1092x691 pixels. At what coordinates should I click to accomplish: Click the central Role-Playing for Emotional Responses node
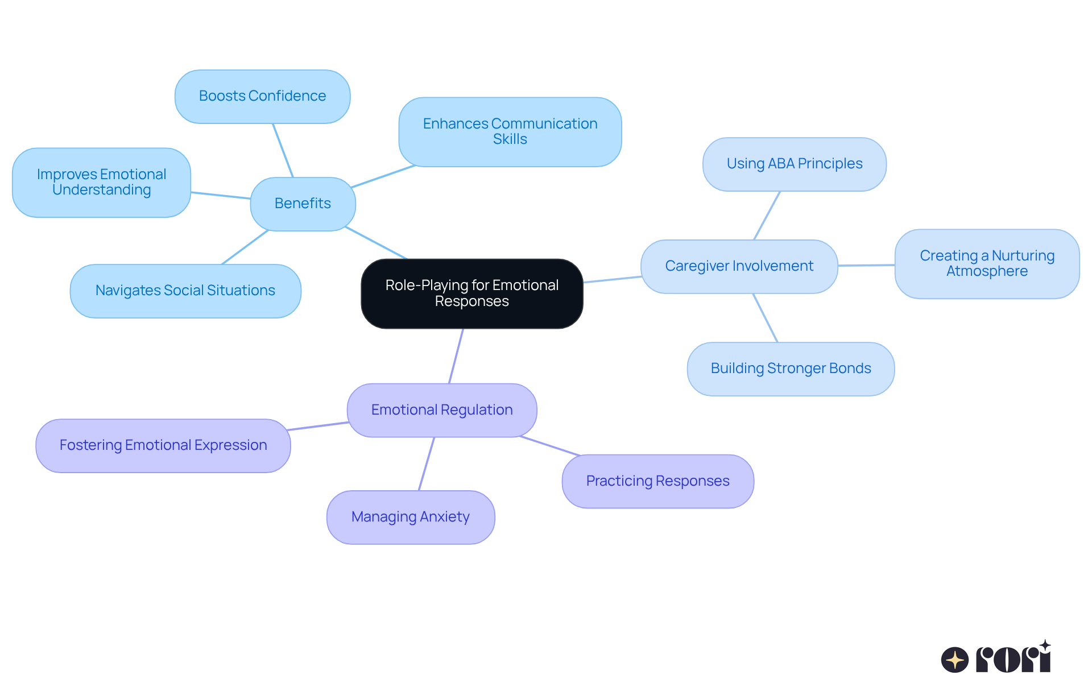click(x=471, y=293)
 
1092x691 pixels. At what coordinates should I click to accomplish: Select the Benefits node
click(x=303, y=204)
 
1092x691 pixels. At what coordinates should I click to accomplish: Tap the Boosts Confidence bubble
click(x=262, y=96)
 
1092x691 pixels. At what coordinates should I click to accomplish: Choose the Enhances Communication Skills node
click(x=510, y=131)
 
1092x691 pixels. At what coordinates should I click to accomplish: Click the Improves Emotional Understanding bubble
click(x=101, y=182)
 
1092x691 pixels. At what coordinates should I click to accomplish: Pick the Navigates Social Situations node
click(x=185, y=291)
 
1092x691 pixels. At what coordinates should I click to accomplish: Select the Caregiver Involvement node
click(x=739, y=266)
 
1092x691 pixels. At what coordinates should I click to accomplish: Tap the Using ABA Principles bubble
click(x=794, y=164)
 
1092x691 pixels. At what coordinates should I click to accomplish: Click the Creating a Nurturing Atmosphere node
click(x=987, y=263)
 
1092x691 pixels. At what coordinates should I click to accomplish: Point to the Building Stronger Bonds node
click(x=791, y=369)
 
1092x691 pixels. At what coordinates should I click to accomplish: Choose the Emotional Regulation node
click(x=442, y=410)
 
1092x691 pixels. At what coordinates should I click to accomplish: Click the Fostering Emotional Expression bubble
click(x=163, y=445)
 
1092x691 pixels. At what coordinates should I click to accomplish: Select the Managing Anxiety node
click(x=410, y=517)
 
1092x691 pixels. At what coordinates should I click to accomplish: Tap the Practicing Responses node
click(x=657, y=481)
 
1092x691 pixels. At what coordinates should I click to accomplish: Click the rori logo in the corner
click(x=996, y=658)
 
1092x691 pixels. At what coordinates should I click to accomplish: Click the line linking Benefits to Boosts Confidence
click(x=283, y=150)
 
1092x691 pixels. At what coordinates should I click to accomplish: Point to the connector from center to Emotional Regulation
click(x=456, y=355)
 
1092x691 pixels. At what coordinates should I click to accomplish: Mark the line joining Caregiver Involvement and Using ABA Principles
click(x=767, y=216)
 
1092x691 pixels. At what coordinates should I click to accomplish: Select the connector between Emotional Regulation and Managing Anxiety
click(x=427, y=464)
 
